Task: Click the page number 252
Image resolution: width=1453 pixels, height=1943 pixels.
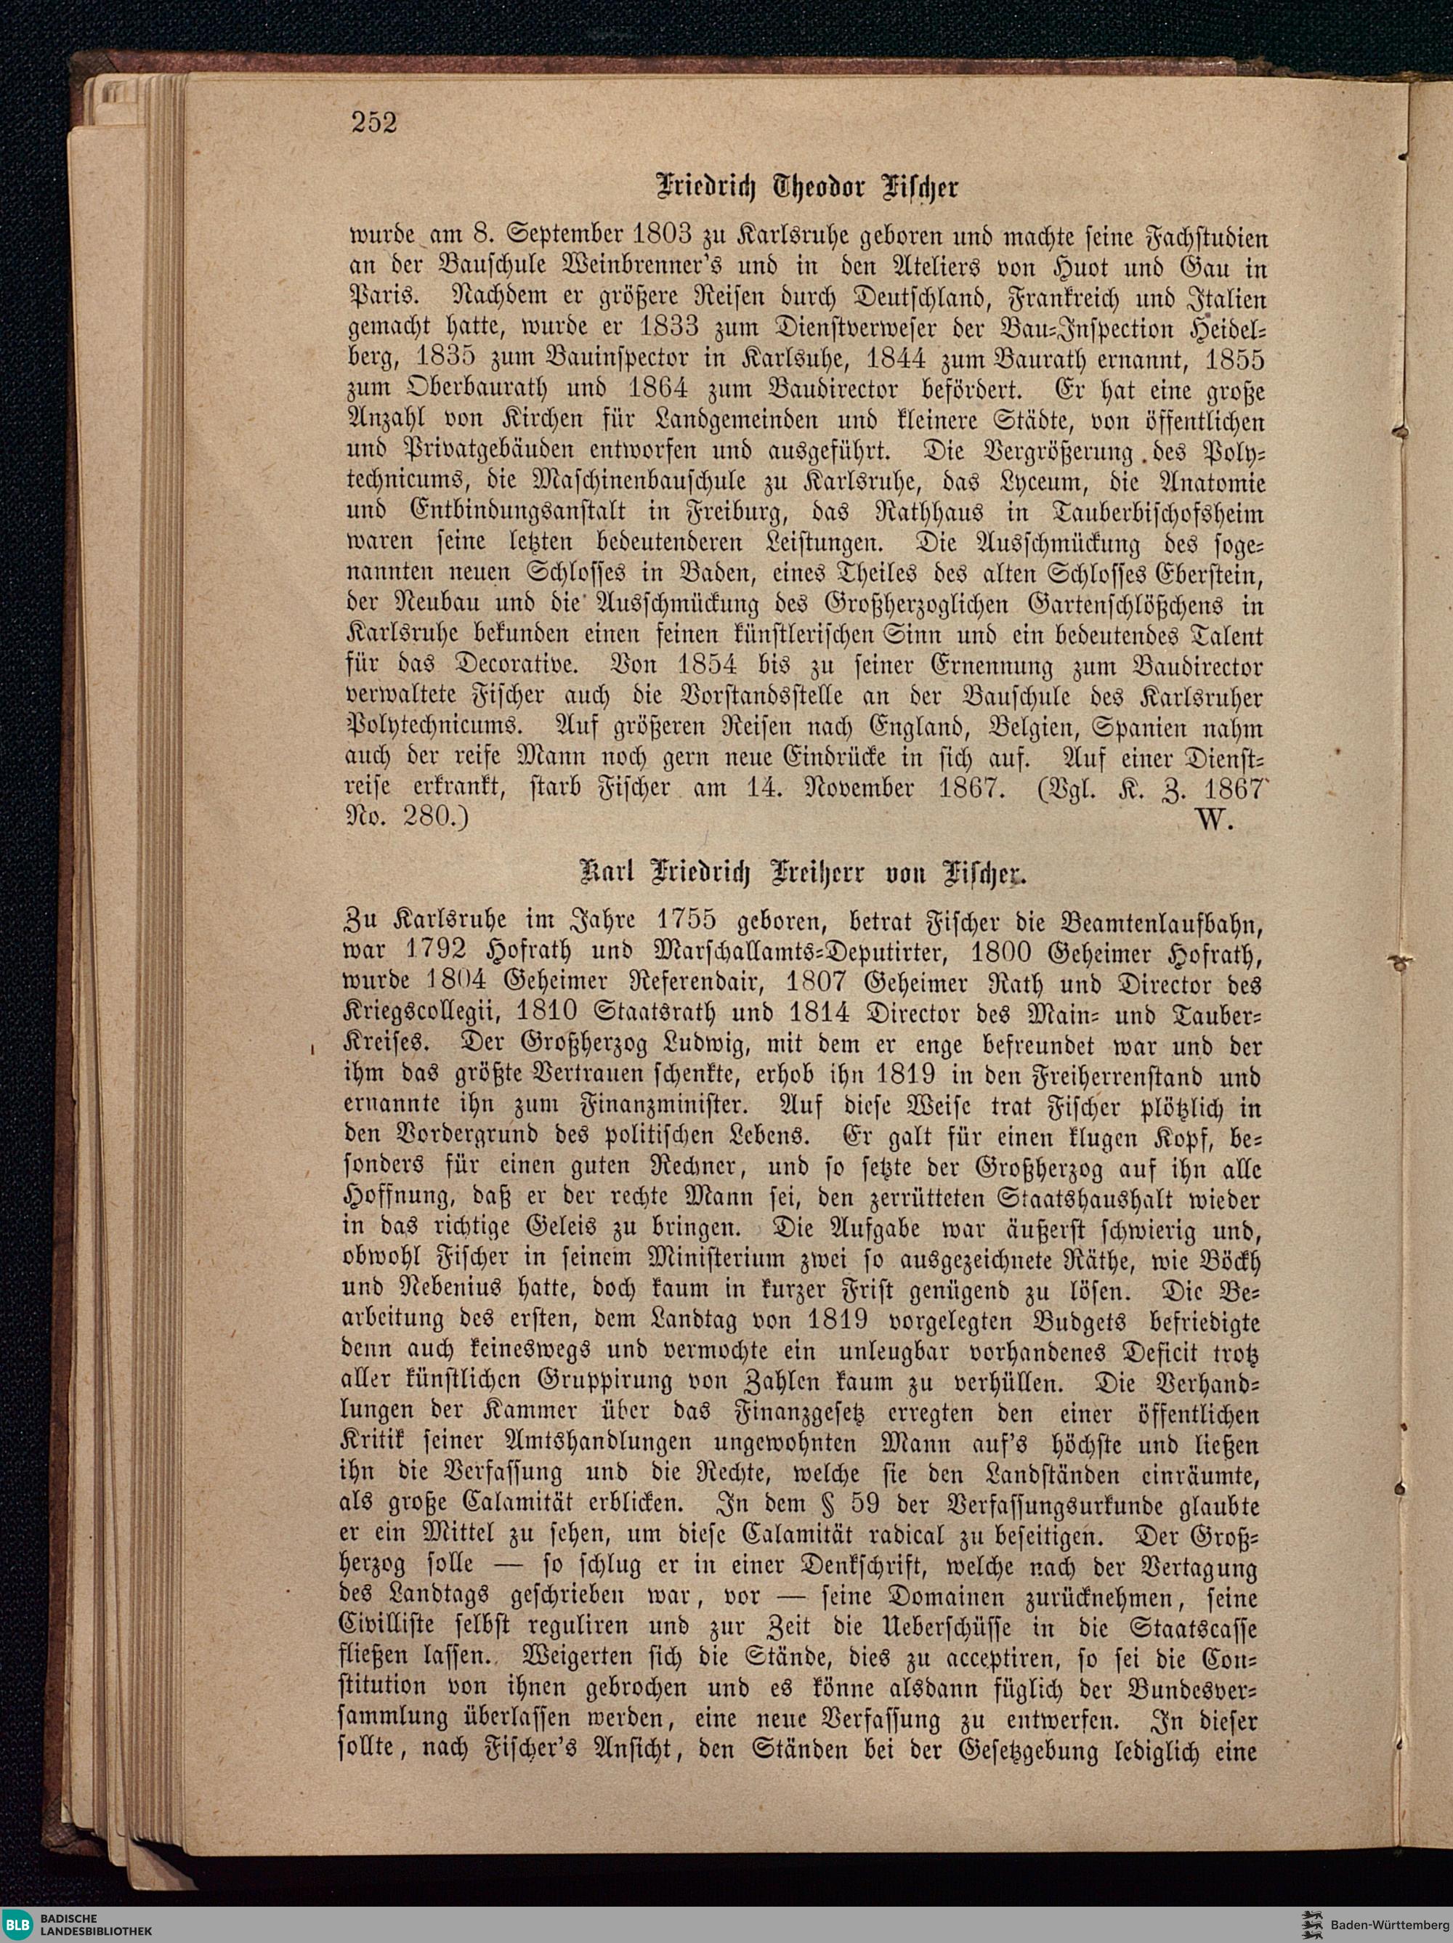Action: pos(374,121)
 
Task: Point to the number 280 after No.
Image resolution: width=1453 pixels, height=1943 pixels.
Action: pos(432,819)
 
